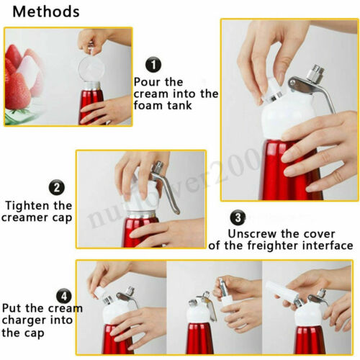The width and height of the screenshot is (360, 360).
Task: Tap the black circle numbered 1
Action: pos(153,66)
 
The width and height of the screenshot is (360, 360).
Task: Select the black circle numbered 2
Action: pos(58,189)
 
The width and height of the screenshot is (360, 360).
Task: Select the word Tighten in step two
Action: pos(30,205)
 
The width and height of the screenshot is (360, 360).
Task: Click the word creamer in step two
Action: pos(30,218)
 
